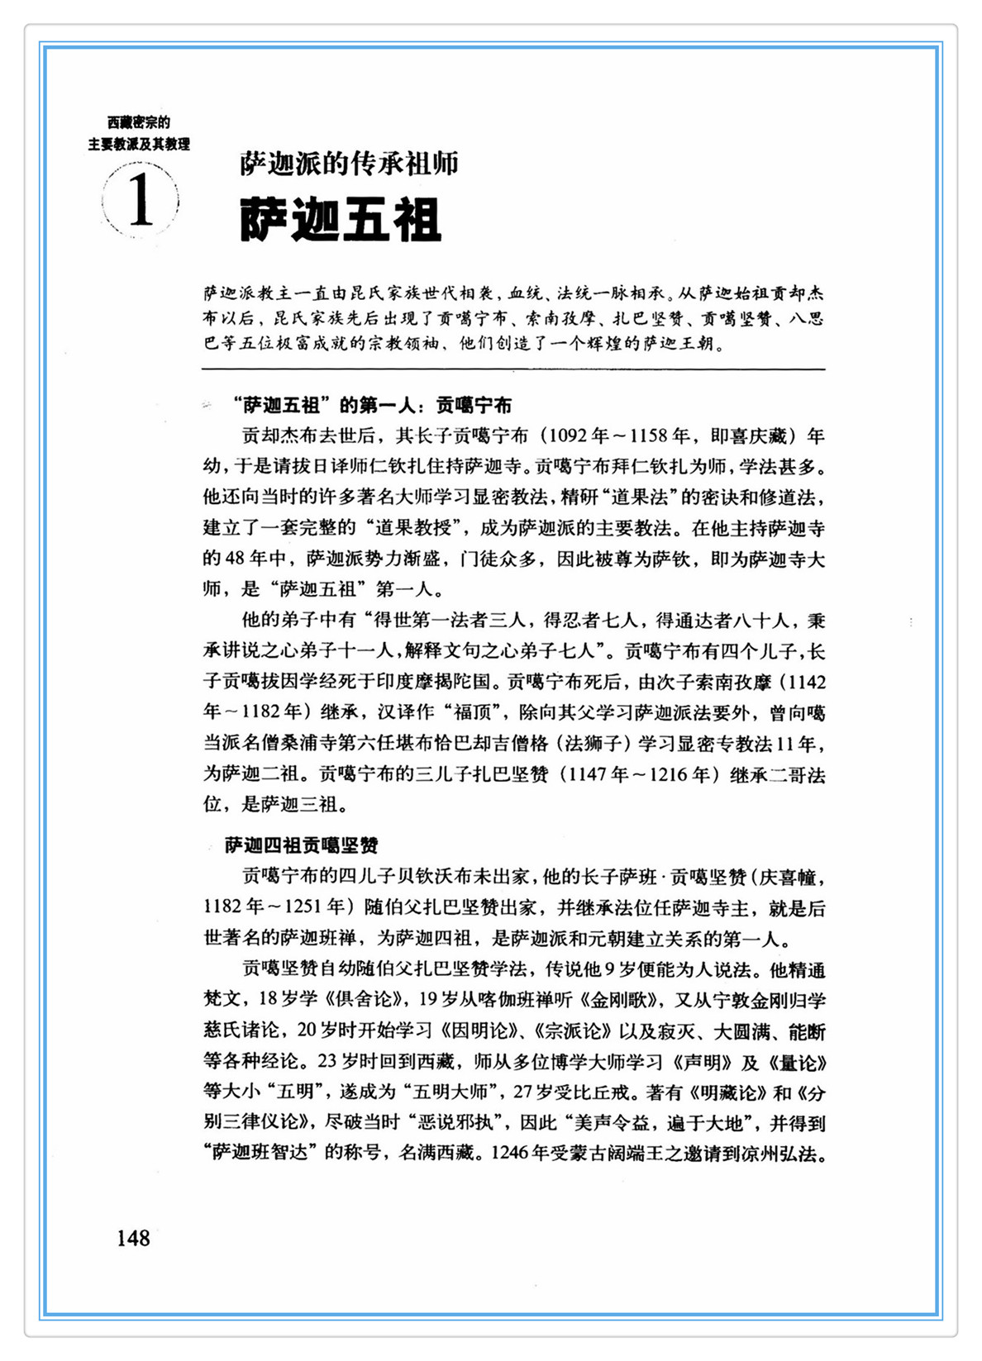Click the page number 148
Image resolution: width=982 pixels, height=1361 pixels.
[133, 1238]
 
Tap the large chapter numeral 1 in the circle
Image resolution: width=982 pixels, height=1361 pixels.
[141, 201]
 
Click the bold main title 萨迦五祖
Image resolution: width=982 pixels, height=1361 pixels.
[341, 220]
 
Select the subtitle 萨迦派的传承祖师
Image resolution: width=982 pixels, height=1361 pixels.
[349, 164]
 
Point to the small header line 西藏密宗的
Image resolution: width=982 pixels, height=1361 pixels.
[139, 123]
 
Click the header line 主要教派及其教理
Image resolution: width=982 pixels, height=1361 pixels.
[139, 144]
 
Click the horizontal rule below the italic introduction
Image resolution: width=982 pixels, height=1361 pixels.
[513, 369]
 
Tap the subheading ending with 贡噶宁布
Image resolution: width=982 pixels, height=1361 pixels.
[372, 405]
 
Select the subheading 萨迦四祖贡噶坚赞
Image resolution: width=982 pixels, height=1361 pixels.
[302, 845]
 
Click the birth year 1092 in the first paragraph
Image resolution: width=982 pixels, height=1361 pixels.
[570, 435]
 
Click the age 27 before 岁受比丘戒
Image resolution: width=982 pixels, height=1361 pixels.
[523, 1092]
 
